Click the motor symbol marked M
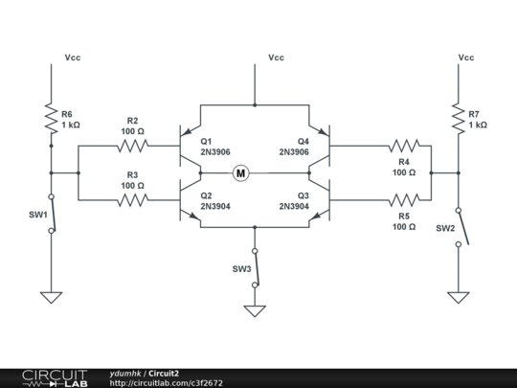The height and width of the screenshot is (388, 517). click(x=240, y=173)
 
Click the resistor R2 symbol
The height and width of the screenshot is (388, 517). click(x=132, y=147)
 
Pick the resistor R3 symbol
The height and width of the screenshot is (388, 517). click(x=132, y=201)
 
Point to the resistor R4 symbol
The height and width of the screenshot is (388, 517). click(x=404, y=147)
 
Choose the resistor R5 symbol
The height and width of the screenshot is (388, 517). click(x=404, y=201)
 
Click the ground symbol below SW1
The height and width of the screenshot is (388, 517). click(x=51, y=297)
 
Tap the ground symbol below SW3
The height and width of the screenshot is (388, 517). click(x=254, y=310)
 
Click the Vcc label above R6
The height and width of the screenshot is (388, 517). click(x=73, y=57)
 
